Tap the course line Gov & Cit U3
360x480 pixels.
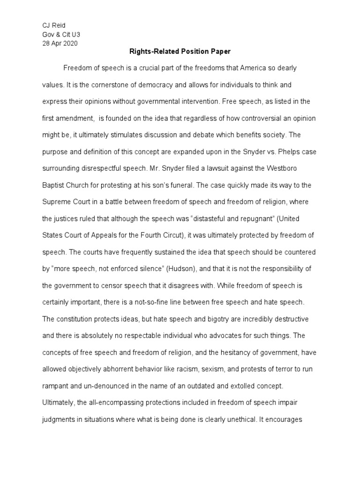(58, 34)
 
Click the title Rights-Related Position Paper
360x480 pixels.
(180, 52)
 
